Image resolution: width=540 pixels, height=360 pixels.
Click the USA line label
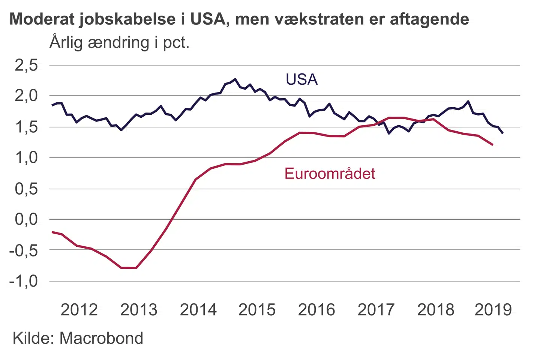301,79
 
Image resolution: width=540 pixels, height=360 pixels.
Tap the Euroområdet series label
330,174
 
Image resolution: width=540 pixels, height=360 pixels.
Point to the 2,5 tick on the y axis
26,65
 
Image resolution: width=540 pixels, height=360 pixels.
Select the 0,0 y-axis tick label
26,219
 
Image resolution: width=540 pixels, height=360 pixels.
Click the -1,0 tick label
24,281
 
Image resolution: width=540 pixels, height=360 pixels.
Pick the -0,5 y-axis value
24,250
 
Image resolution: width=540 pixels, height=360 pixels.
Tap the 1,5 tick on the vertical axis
26,127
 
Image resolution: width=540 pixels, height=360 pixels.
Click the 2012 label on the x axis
79,310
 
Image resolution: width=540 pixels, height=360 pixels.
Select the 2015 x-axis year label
257,310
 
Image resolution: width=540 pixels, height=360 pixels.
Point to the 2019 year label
493,310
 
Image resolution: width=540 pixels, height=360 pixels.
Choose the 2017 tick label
376,310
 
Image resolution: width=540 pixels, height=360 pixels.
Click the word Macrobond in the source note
101,338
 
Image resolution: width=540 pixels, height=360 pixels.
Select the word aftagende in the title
429,19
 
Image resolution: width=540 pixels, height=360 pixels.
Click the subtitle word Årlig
66,42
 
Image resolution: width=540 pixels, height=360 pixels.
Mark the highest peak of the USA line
235,79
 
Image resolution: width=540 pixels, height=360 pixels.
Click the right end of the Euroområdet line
492,145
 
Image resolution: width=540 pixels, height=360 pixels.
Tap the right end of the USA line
502,133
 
